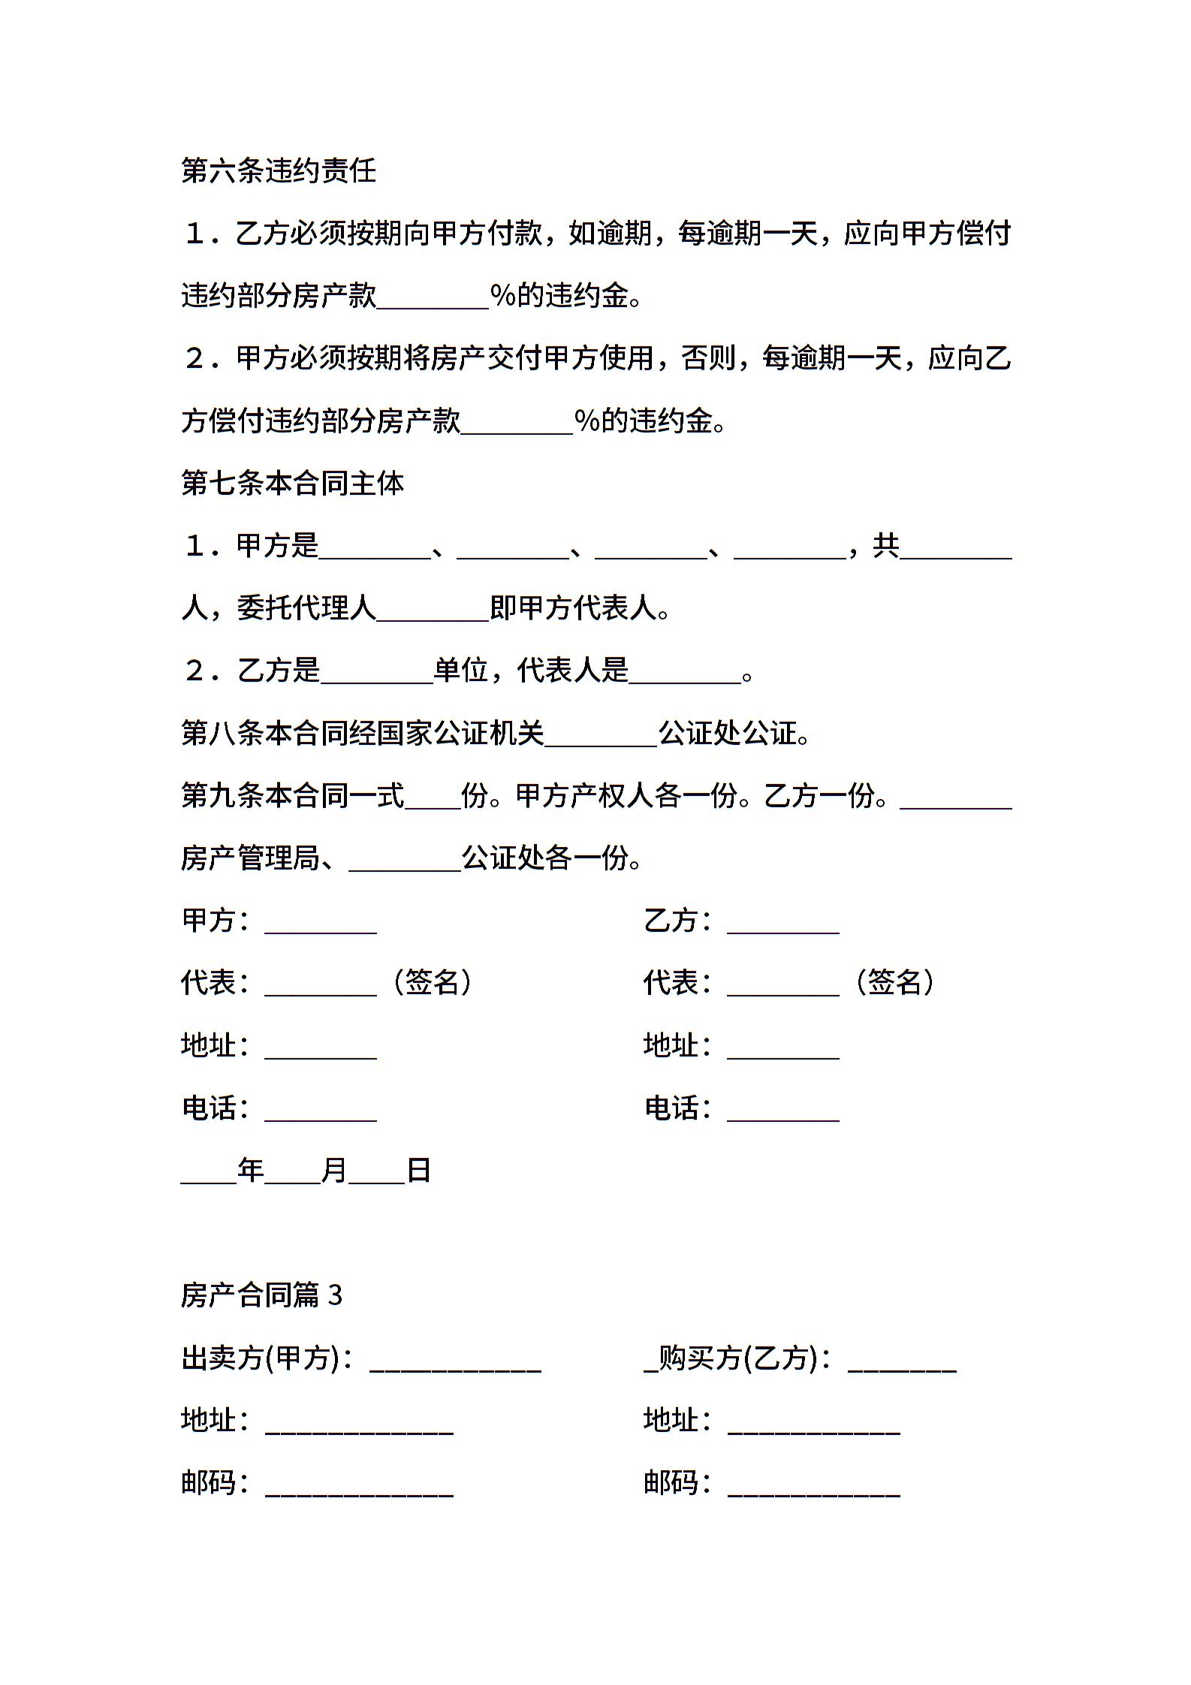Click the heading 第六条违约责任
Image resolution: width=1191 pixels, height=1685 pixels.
click(x=279, y=171)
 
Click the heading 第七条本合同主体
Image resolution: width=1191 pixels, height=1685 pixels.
click(x=293, y=483)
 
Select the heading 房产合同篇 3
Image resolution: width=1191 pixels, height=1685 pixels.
click(x=261, y=1295)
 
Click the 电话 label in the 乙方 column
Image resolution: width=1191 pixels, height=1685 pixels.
click(x=672, y=1108)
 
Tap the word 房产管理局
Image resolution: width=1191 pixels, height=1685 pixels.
click(x=251, y=858)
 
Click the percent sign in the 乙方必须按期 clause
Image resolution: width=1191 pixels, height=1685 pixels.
click(x=502, y=295)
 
